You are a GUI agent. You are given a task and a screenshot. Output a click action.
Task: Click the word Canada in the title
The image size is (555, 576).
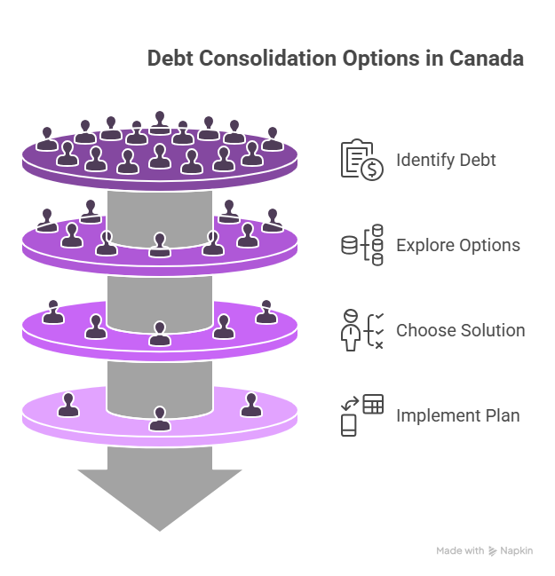point(486,58)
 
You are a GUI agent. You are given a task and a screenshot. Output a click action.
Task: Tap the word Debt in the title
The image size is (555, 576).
point(170,58)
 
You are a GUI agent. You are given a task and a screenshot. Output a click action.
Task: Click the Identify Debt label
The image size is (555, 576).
point(446,160)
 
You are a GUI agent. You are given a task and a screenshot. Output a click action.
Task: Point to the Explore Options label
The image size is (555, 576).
point(458,245)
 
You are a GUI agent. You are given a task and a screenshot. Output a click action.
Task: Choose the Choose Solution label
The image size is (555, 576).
point(461,330)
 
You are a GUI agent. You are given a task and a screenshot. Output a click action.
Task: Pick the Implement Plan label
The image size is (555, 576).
point(458,416)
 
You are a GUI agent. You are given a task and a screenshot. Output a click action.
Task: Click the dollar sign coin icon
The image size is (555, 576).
point(372,170)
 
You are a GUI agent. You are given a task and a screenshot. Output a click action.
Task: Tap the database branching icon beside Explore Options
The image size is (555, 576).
point(362,245)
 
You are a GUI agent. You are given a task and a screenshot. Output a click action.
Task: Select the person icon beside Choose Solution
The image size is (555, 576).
point(351,330)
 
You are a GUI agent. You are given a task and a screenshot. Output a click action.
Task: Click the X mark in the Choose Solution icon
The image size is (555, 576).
point(379,345)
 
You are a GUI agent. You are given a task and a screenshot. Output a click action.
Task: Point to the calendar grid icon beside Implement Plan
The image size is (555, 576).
point(373,404)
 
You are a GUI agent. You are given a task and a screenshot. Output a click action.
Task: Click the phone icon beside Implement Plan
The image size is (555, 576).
point(348,425)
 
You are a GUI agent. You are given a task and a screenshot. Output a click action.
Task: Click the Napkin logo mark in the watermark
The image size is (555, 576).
point(492,551)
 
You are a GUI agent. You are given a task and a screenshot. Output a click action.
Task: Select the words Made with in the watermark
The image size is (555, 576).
point(460,550)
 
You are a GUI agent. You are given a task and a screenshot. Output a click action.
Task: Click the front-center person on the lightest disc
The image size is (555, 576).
point(160,418)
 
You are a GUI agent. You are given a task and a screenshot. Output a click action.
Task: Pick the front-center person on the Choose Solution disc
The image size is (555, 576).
point(160,334)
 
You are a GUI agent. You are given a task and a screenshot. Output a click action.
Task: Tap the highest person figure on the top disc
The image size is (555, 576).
point(160,122)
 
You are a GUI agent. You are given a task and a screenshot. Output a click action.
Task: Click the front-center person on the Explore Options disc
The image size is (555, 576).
point(160,245)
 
